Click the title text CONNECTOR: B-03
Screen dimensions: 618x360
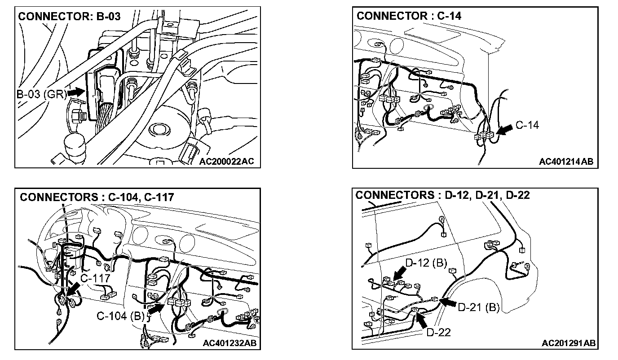(x=69, y=17)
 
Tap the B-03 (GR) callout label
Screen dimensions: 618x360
(x=42, y=94)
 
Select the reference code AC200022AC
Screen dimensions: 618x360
(x=226, y=162)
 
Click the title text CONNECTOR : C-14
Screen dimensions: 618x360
(x=409, y=16)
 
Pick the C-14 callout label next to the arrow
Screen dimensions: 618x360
(x=527, y=125)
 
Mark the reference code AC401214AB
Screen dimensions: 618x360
(x=566, y=162)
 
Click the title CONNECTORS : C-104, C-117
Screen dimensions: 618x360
(x=97, y=198)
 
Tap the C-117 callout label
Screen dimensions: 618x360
(x=95, y=278)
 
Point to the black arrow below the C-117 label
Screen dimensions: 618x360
(x=74, y=290)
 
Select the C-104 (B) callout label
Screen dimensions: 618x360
(x=120, y=316)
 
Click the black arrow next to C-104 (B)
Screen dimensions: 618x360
(x=156, y=308)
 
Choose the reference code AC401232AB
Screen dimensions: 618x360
(x=230, y=343)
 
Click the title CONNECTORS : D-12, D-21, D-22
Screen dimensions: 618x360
(x=442, y=195)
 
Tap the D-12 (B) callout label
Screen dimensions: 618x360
(x=426, y=263)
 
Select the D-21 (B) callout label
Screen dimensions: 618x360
(x=479, y=307)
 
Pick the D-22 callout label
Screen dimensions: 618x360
(x=438, y=332)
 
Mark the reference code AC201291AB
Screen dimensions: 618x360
(x=569, y=343)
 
